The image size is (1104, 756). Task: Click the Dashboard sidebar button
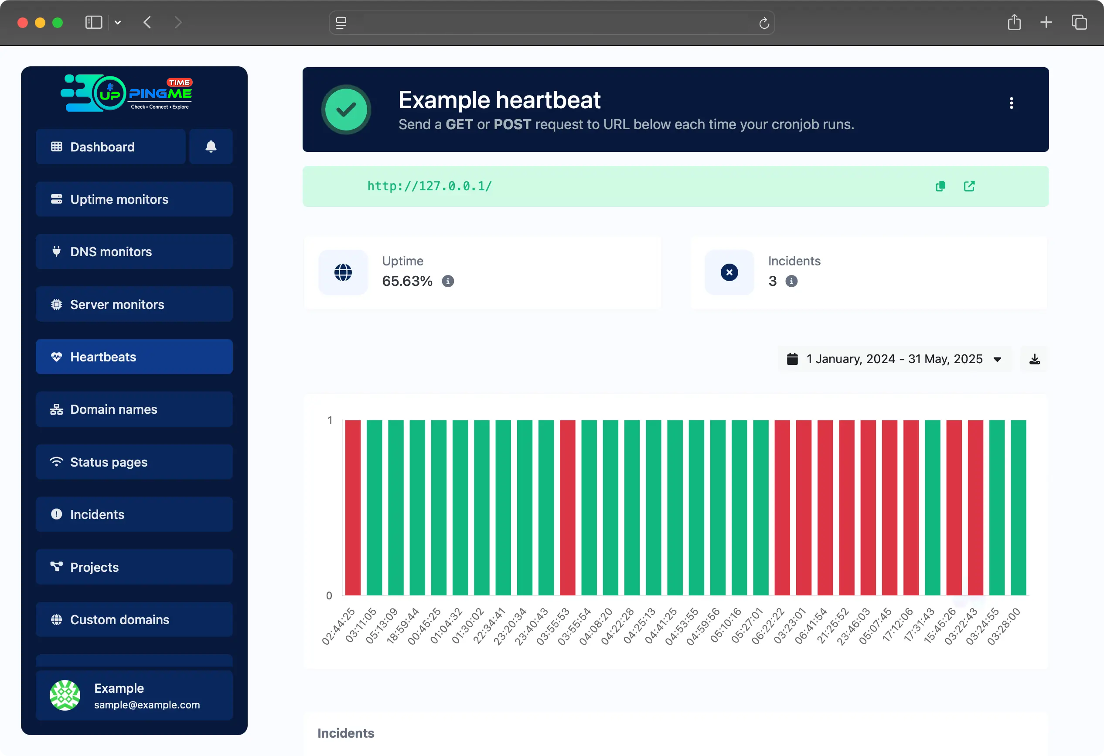point(110,147)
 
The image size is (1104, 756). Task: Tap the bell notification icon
point(211,147)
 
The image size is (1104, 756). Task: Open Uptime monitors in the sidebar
point(134,199)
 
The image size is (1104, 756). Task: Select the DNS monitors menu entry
point(134,251)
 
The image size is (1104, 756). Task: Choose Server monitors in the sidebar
point(134,304)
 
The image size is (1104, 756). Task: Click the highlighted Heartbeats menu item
point(134,357)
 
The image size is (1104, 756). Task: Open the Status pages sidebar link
point(134,462)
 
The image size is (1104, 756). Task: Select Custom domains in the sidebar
point(134,619)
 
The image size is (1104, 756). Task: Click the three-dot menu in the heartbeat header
point(1012,103)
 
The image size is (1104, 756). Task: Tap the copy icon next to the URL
point(940,186)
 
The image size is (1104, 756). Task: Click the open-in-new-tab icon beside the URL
point(969,186)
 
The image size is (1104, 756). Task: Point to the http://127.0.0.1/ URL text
point(429,186)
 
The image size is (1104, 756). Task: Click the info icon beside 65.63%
point(447,282)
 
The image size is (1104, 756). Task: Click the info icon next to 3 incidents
point(791,282)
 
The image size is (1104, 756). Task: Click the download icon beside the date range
point(1035,359)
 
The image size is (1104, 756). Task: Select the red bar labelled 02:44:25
point(352,507)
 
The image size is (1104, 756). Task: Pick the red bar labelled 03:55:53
point(567,507)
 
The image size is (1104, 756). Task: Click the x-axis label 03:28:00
point(1004,626)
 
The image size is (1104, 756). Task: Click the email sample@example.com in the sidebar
point(147,704)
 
